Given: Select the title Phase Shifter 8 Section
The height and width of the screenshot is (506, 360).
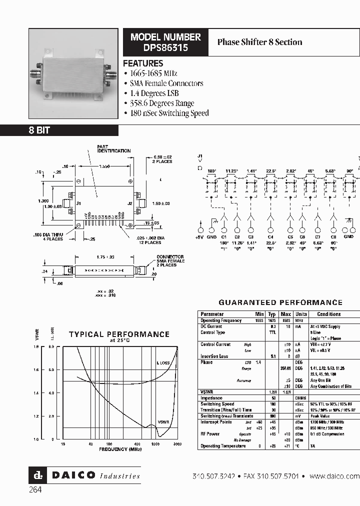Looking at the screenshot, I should click(259, 42).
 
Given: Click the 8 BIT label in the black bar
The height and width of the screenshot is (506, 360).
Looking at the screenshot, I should click(38, 130).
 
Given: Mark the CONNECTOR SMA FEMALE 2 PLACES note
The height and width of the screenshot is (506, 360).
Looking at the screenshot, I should click(170, 261).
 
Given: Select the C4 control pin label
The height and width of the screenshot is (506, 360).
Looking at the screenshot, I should click(270, 236).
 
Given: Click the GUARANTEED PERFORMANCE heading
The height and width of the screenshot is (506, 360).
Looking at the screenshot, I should click(280, 302).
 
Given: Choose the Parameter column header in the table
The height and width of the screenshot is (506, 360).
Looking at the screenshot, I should click(212, 314).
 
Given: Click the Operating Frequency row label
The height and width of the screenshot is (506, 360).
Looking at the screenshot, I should click(221, 320).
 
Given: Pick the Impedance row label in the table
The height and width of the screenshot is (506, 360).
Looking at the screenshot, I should click(212, 398).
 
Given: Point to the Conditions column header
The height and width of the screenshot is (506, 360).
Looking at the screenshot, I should click(328, 314).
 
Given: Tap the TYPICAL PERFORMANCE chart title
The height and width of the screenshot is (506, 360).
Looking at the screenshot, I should click(119, 334).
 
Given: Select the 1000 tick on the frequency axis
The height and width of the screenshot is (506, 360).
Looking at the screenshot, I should click(155, 444).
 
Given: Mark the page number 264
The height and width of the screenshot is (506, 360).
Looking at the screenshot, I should click(35, 490).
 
